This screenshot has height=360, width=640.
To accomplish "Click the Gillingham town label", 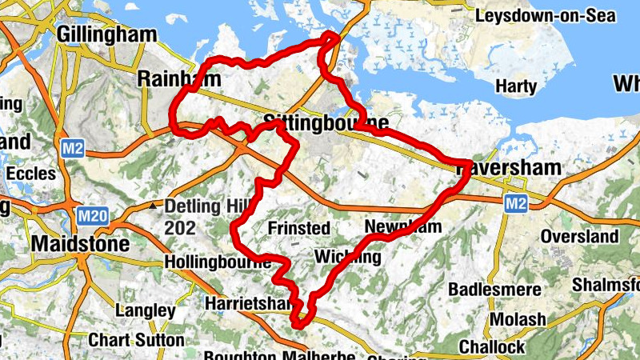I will (107, 34).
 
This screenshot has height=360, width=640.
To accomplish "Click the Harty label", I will (516, 86).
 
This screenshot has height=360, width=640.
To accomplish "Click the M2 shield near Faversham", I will (516, 205).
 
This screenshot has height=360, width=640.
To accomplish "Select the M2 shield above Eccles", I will (70, 148).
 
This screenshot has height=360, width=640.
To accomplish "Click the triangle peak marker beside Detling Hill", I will (153, 206).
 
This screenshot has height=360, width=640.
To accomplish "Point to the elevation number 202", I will (180, 229).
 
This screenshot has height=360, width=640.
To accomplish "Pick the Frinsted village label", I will (298, 229).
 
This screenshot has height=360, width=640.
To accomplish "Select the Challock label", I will (492, 347).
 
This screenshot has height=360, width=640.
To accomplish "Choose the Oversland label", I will (579, 237).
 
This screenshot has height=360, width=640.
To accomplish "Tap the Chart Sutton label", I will (136, 340).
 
